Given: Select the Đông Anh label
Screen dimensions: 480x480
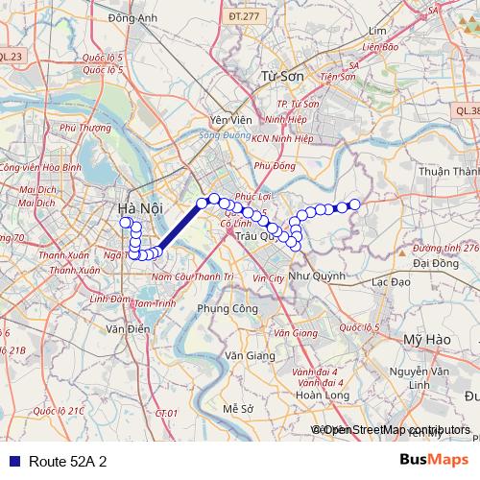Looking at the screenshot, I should coord(132,17).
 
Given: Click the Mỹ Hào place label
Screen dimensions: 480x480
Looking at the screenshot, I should coord(427,341).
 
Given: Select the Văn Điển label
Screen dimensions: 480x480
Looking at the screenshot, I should coord(129,328).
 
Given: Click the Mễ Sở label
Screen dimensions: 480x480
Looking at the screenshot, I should coord(236,408).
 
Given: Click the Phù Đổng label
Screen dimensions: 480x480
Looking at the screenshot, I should coord(278,165).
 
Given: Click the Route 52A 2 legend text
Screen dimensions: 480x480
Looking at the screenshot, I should coord(67,461).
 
